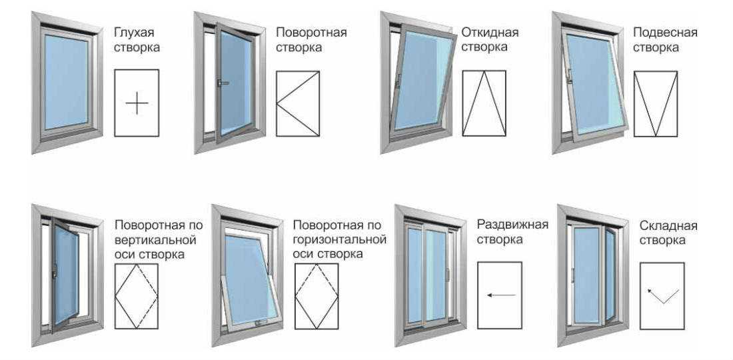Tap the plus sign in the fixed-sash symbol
[x=137, y=103]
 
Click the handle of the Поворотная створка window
[x=223, y=83]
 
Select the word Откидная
[x=490, y=33]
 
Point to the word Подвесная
[x=665, y=33]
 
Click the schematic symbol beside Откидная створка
[x=484, y=103]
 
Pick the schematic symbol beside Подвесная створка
[x=656, y=104]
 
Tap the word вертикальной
[x=155, y=240]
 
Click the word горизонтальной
[x=340, y=240]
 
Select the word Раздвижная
[x=512, y=225]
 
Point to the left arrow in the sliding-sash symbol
[x=500, y=295]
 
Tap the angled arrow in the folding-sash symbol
[x=663, y=296]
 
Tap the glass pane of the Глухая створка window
[x=67, y=81]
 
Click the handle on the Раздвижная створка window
[x=447, y=275]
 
